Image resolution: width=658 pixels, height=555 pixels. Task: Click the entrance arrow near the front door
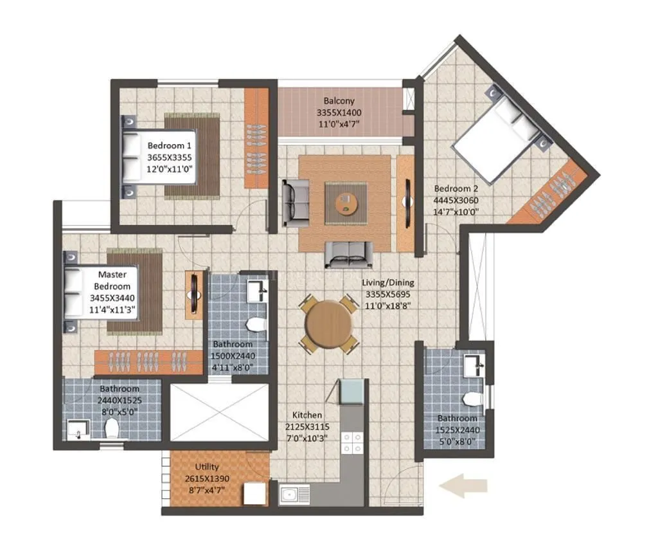pos(463,486)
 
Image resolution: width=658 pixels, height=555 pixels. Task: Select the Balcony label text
pos(339,101)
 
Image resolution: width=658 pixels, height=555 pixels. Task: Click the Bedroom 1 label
pos(169,145)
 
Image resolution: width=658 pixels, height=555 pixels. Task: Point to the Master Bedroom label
pos(112,280)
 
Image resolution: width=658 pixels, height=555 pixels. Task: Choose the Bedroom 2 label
pos(456,188)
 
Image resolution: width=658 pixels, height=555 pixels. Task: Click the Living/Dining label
pos(387,282)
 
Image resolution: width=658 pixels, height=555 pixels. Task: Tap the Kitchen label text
pos(307,415)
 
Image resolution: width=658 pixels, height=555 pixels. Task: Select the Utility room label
pos(207,467)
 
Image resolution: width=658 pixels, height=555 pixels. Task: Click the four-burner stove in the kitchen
pos(351,442)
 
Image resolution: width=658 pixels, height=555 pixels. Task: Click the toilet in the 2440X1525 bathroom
pos(112,428)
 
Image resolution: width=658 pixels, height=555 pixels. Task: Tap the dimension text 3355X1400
pos(339,113)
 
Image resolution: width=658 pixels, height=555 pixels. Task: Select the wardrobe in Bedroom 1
pos(256,138)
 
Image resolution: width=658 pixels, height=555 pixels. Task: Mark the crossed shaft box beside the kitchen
pos(218,412)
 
